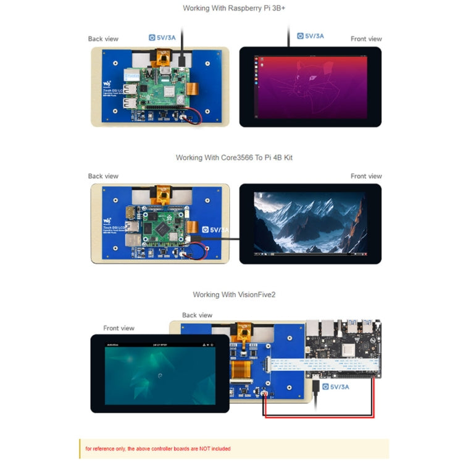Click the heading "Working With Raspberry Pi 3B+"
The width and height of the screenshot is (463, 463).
[231, 9]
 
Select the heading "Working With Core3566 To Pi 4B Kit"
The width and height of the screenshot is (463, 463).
[234, 158]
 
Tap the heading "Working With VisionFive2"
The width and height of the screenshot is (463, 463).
[234, 295]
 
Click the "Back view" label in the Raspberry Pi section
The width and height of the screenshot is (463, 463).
[103, 39]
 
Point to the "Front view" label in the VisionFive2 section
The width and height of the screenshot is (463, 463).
[119, 328]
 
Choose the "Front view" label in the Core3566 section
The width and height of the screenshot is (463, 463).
[366, 177]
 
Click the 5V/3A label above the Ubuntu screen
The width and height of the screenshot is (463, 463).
[311, 36]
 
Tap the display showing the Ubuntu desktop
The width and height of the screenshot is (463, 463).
[310, 86]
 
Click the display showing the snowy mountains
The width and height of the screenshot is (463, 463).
[309, 223]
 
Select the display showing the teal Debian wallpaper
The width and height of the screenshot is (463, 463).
[160, 374]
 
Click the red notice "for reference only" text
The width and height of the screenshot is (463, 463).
[157, 449]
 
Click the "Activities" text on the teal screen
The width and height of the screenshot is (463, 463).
[112, 345]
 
